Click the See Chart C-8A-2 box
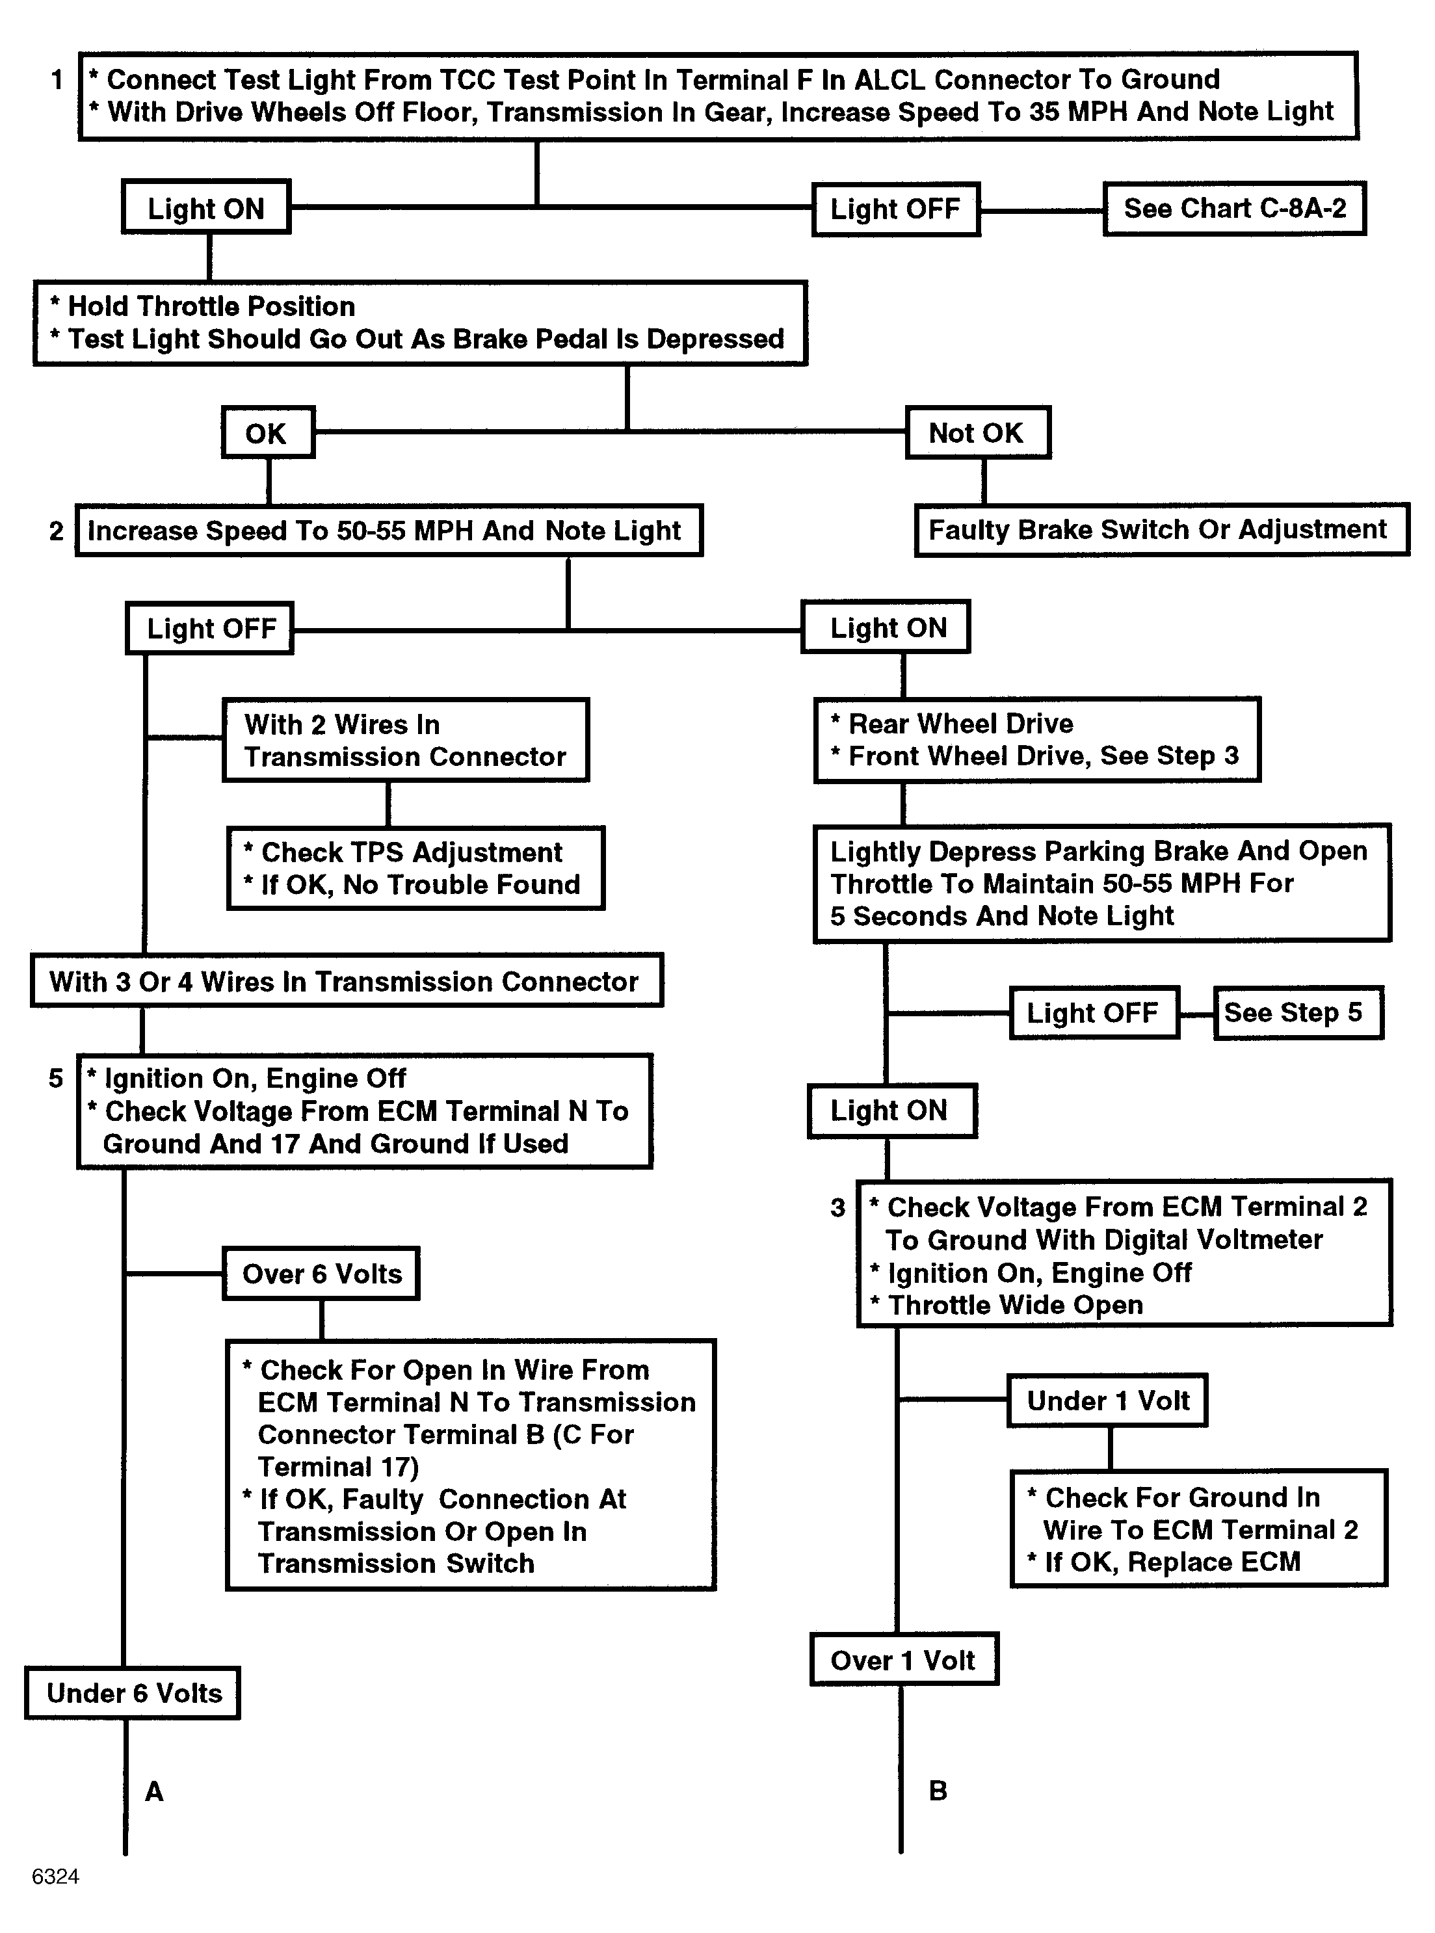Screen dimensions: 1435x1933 click(x=1234, y=209)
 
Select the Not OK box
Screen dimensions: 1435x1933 click(x=978, y=432)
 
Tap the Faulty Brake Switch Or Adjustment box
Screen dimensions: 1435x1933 click(x=1161, y=530)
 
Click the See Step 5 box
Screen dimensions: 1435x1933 click(x=1298, y=1012)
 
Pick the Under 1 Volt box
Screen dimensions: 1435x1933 click(x=1107, y=1400)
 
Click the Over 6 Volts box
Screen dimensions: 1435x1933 click(x=321, y=1274)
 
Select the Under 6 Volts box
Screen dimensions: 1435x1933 click(x=133, y=1692)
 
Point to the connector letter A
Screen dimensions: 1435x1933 click(x=153, y=1791)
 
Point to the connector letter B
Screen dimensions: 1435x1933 click(x=938, y=1791)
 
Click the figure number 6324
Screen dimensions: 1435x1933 click(x=56, y=1876)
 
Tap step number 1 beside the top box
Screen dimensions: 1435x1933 click(x=57, y=81)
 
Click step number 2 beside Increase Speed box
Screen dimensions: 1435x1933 click(x=57, y=531)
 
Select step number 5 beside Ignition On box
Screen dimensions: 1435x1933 click(x=57, y=1079)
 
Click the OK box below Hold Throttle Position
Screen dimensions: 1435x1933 click(x=267, y=432)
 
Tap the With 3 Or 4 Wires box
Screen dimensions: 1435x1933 click(x=347, y=980)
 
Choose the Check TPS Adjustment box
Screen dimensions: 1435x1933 click(x=415, y=869)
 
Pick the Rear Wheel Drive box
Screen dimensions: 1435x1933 click(x=1037, y=740)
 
